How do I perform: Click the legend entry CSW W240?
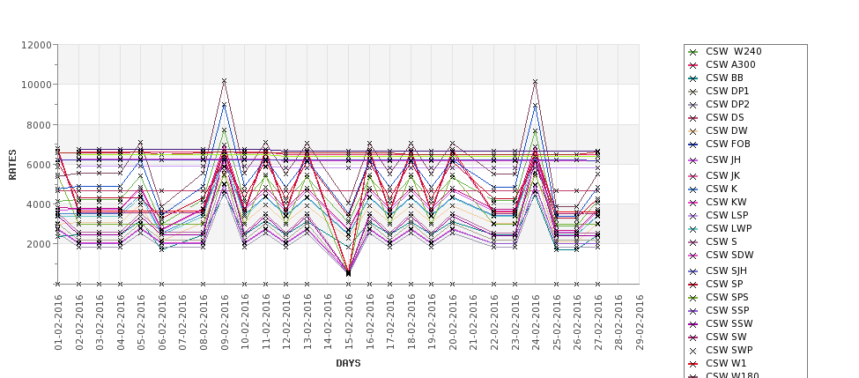(733, 51)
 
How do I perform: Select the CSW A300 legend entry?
(730, 64)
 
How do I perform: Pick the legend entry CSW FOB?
(728, 144)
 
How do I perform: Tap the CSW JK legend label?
(722, 175)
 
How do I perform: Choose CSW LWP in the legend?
(729, 228)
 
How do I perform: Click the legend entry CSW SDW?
(729, 255)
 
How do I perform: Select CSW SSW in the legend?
(729, 323)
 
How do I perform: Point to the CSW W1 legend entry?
(726, 363)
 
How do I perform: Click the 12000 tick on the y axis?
(33, 45)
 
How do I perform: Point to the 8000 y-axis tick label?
(36, 124)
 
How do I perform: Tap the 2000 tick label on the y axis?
(36, 244)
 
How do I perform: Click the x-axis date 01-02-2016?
(58, 322)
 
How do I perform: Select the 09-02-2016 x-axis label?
(224, 322)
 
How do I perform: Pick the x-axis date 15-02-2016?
(348, 322)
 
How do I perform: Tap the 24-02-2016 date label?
(535, 322)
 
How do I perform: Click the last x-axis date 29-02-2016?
(639, 322)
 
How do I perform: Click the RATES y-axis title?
(13, 164)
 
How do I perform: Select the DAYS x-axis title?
(348, 363)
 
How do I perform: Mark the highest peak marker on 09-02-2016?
(224, 81)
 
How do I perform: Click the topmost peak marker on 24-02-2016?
(535, 82)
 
